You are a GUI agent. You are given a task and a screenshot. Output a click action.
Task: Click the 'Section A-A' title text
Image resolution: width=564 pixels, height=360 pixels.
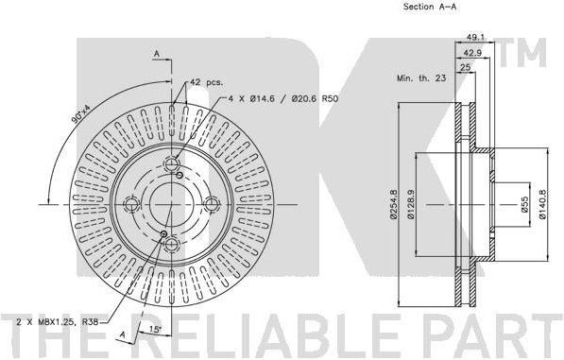pos(430,7)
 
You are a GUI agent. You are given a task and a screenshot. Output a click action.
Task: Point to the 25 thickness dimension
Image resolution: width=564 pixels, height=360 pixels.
pos(466,67)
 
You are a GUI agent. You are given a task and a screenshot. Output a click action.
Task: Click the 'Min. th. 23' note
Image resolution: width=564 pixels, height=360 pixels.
pos(421,77)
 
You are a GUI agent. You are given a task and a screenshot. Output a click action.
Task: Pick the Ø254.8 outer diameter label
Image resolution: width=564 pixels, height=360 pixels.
pos(393,204)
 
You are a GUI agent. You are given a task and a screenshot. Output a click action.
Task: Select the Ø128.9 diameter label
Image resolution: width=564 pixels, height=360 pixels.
pos(411,204)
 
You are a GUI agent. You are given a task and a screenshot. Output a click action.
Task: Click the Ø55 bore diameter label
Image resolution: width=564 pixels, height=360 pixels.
pos(525,204)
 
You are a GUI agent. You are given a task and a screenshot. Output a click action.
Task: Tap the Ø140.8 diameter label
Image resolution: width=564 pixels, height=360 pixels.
pos(543,204)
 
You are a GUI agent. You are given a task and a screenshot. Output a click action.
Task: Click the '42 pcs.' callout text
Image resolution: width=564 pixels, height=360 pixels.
pos(207,82)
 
